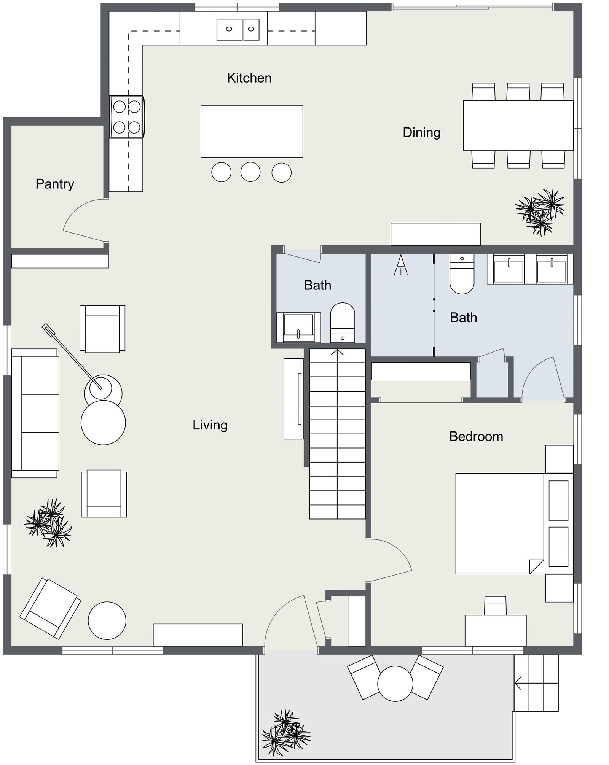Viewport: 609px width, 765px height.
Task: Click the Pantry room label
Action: (55, 184)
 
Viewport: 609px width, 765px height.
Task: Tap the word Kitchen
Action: (249, 78)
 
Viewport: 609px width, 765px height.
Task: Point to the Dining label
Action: (422, 133)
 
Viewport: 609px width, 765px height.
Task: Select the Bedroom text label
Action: (476, 436)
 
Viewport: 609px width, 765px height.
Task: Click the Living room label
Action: (210, 425)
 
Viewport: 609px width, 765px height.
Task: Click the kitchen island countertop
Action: (252, 131)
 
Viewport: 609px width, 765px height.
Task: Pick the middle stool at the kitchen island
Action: (250, 172)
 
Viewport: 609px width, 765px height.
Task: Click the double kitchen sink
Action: (238, 29)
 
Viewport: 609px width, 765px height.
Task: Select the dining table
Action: (518, 126)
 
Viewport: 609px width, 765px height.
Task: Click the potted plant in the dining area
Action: (540, 212)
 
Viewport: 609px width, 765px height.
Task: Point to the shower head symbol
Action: (400, 265)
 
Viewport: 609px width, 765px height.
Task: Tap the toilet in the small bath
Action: (343, 323)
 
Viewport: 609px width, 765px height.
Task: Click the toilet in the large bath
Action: (462, 274)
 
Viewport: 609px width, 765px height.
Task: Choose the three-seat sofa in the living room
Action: (35, 413)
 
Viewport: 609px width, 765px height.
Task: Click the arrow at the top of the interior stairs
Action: (337, 352)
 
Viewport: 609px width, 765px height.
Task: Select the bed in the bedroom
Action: (514, 523)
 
